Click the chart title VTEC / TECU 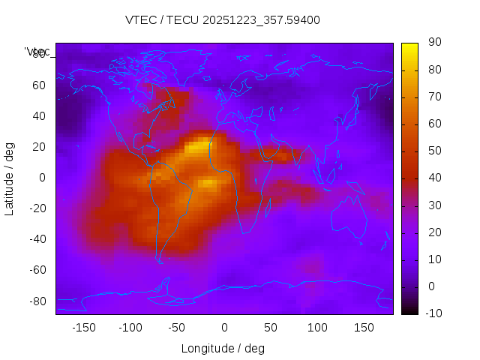click(x=223, y=20)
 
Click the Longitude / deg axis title click(x=223, y=348)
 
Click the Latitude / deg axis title click(x=10, y=178)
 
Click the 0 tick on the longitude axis click(x=224, y=328)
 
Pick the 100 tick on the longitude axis click(x=317, y=328)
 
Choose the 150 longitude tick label click(x=364, y=328)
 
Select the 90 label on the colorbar click(x=433, y=43)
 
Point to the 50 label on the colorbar click(x=433, y=151)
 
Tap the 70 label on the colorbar click(x=433, y=97)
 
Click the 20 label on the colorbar click(x=433, y=232)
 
